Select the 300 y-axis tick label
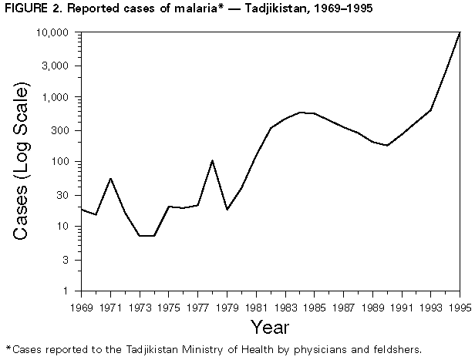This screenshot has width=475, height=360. (x=64, y=130)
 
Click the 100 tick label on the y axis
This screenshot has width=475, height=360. (x=64, y=163)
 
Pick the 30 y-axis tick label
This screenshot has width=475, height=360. (x=67, y=195)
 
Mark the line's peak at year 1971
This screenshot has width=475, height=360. (x=110, y=178)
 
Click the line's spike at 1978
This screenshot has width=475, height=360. (x=212, y=160)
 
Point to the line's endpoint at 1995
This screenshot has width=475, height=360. (x=460, y=33)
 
